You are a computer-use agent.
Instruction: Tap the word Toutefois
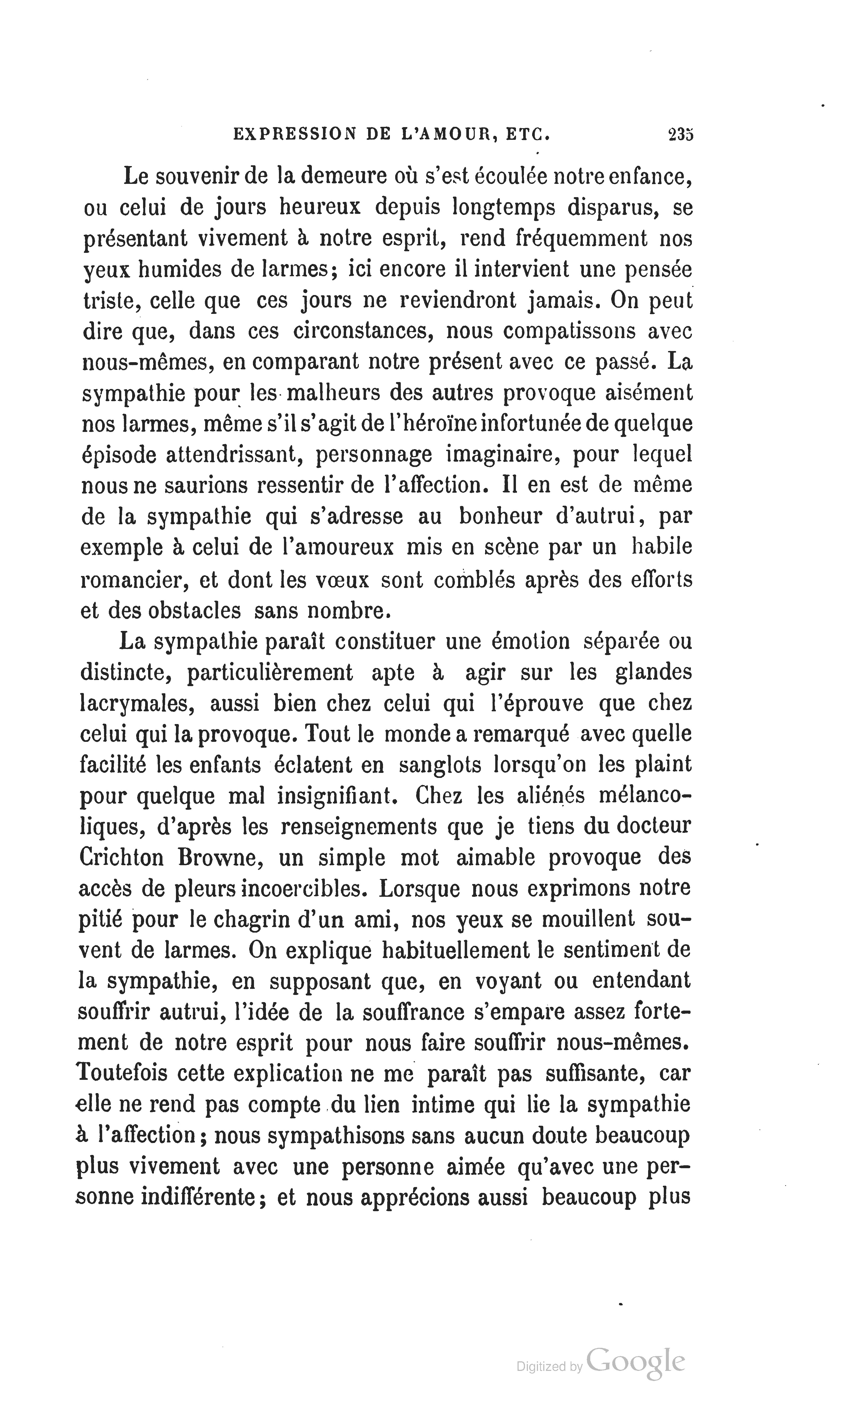(121, 1073)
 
